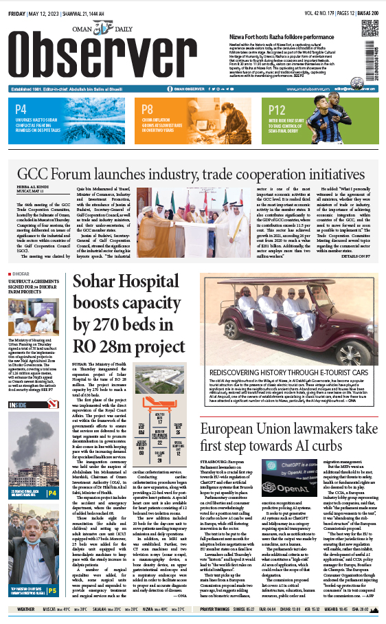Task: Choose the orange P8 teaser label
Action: coord(147,109)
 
